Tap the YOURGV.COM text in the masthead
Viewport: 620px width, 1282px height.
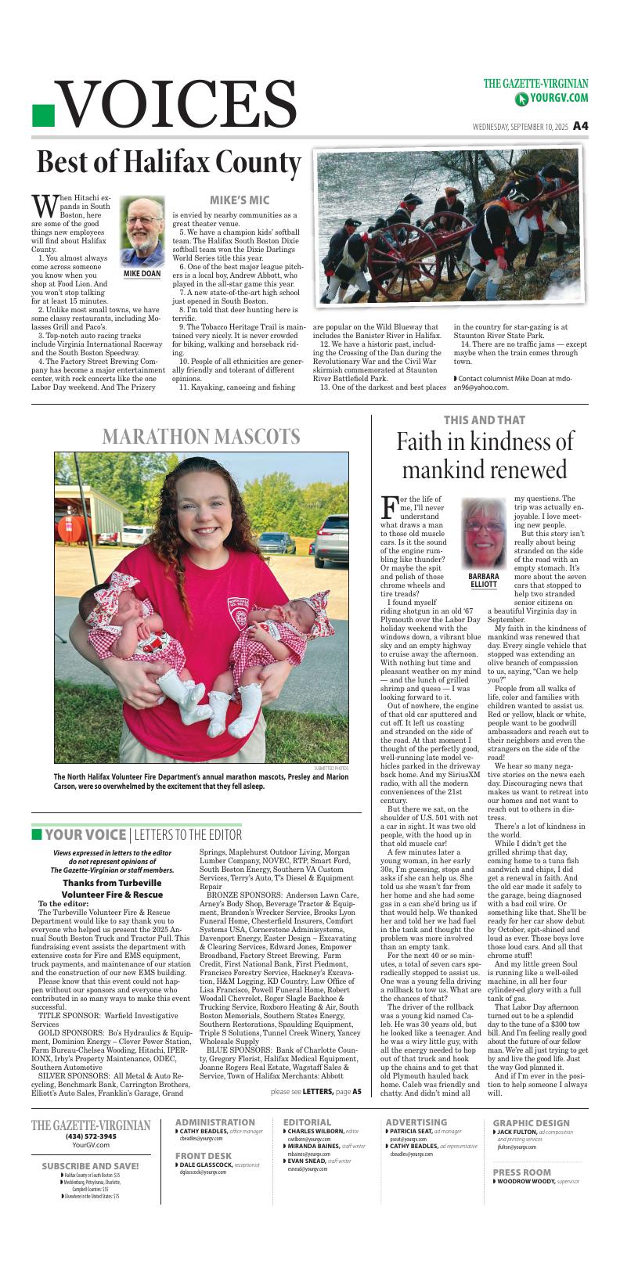(557, 98)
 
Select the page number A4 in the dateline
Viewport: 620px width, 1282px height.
(580, 125)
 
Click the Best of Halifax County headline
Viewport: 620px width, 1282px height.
(169, 163)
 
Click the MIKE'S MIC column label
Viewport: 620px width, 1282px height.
(239, 200)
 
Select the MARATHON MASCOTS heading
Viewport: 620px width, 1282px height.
(201, 436)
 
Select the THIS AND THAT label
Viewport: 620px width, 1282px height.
(484, 420)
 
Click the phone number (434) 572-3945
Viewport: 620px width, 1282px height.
(91, 1136)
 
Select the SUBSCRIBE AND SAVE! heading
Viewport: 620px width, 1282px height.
(91, 1165)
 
